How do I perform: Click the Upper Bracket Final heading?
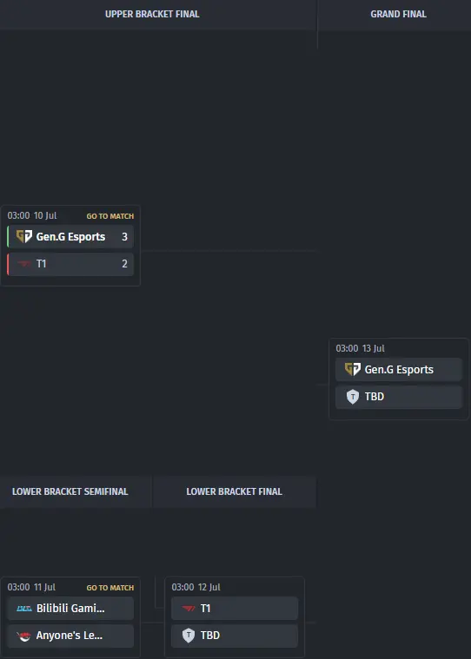coord(152,14)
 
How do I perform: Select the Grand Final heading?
coord(398,14)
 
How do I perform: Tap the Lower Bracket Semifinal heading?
coord(70,491)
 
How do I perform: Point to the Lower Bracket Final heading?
coord(235,491)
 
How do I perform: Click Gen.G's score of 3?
coord(124,237)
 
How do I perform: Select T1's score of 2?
coord(124,264)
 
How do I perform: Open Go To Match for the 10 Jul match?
coord(110,216)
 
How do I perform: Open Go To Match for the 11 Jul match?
coord(110,588)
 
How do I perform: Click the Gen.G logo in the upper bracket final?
coord(24,236)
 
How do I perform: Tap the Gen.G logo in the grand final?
coord(353,369)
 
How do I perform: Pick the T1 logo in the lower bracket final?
coord(189,608)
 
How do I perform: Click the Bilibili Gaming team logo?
coord(24,608)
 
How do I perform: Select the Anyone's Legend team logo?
coord(24,636)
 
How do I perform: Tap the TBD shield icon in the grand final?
coord(353,396)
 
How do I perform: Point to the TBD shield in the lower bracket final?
coord(189,635)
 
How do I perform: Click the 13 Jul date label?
coord(374,348)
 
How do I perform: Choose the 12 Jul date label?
coord(209,587)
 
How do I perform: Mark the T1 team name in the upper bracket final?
coord(41,264)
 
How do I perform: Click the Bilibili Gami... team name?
coord(70,608)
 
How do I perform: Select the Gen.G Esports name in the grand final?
coord(399,369)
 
